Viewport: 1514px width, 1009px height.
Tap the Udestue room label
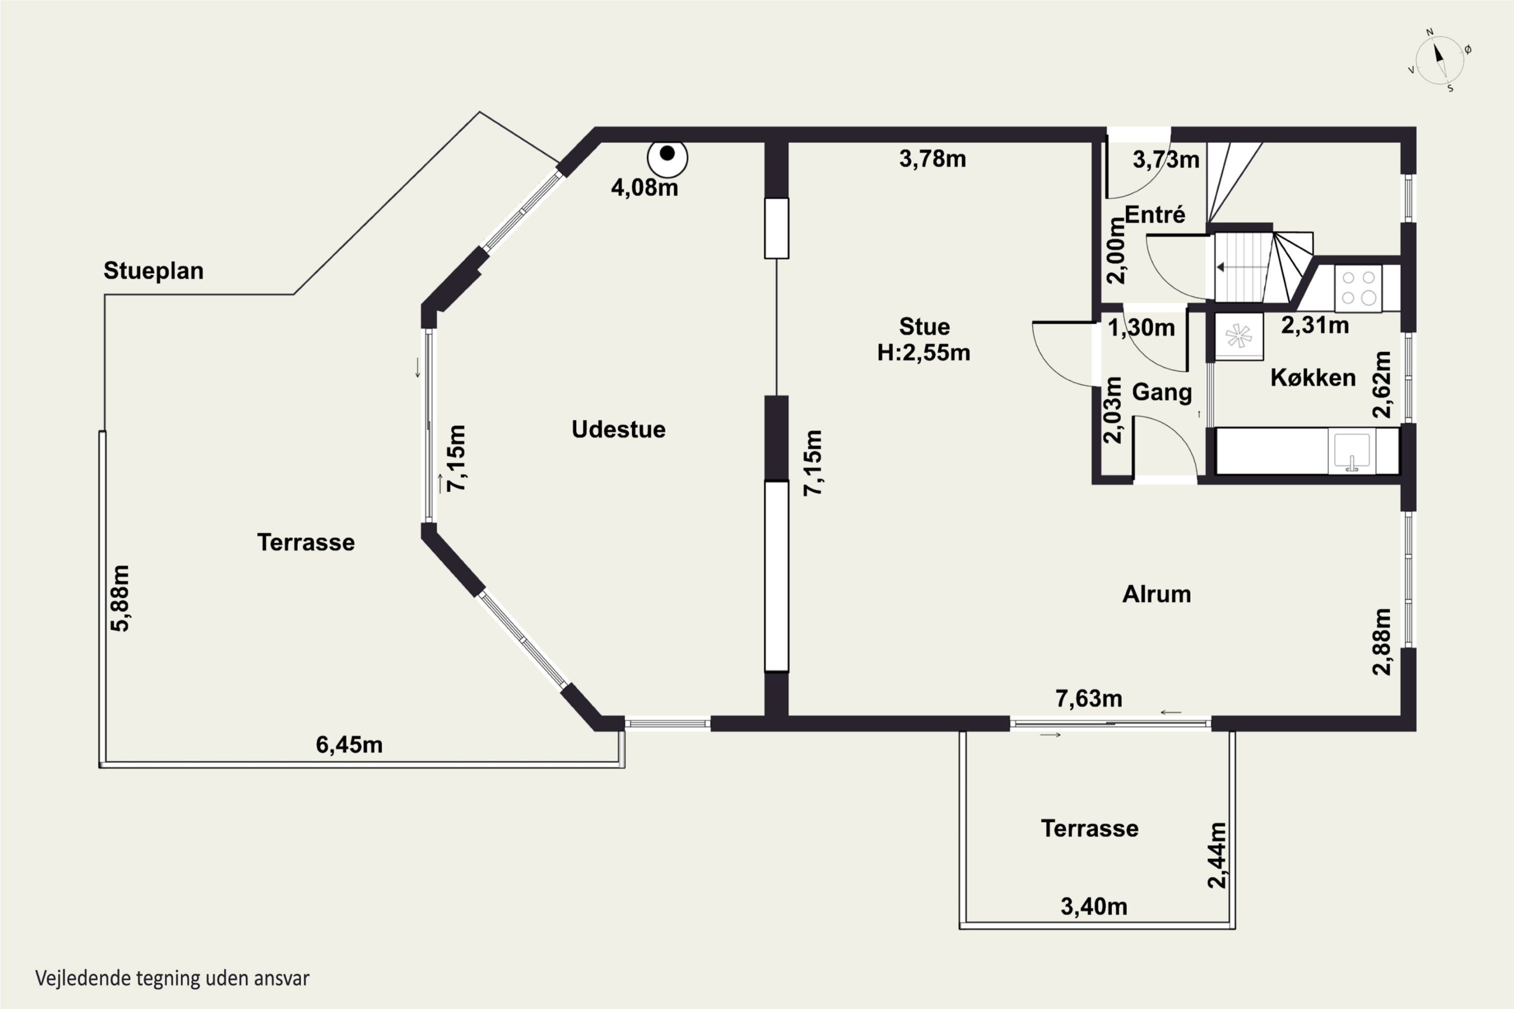click(x=619, y=429)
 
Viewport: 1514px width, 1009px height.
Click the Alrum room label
click(x=1157, y=594)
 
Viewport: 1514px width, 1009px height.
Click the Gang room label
click(x=1162, y=393)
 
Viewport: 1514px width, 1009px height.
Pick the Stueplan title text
click(x=153, y=271)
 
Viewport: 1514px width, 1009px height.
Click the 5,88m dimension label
click(x=121, y=598)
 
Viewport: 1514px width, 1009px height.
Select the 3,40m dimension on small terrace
click(x=1094, y=907)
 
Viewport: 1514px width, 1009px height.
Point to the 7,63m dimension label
click(x=1089, y=698)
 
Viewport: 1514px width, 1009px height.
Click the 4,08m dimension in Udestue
click(x=644, y=187)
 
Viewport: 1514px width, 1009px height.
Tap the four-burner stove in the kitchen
click(x=1358, y=288)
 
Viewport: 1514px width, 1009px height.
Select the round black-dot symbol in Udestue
click(x=668, y=157)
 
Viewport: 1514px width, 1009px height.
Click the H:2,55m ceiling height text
click(x=924, y=353)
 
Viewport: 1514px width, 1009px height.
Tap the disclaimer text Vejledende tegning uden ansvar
click(x=173, y=979)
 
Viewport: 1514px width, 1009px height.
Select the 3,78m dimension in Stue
click(x=933, y=159)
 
